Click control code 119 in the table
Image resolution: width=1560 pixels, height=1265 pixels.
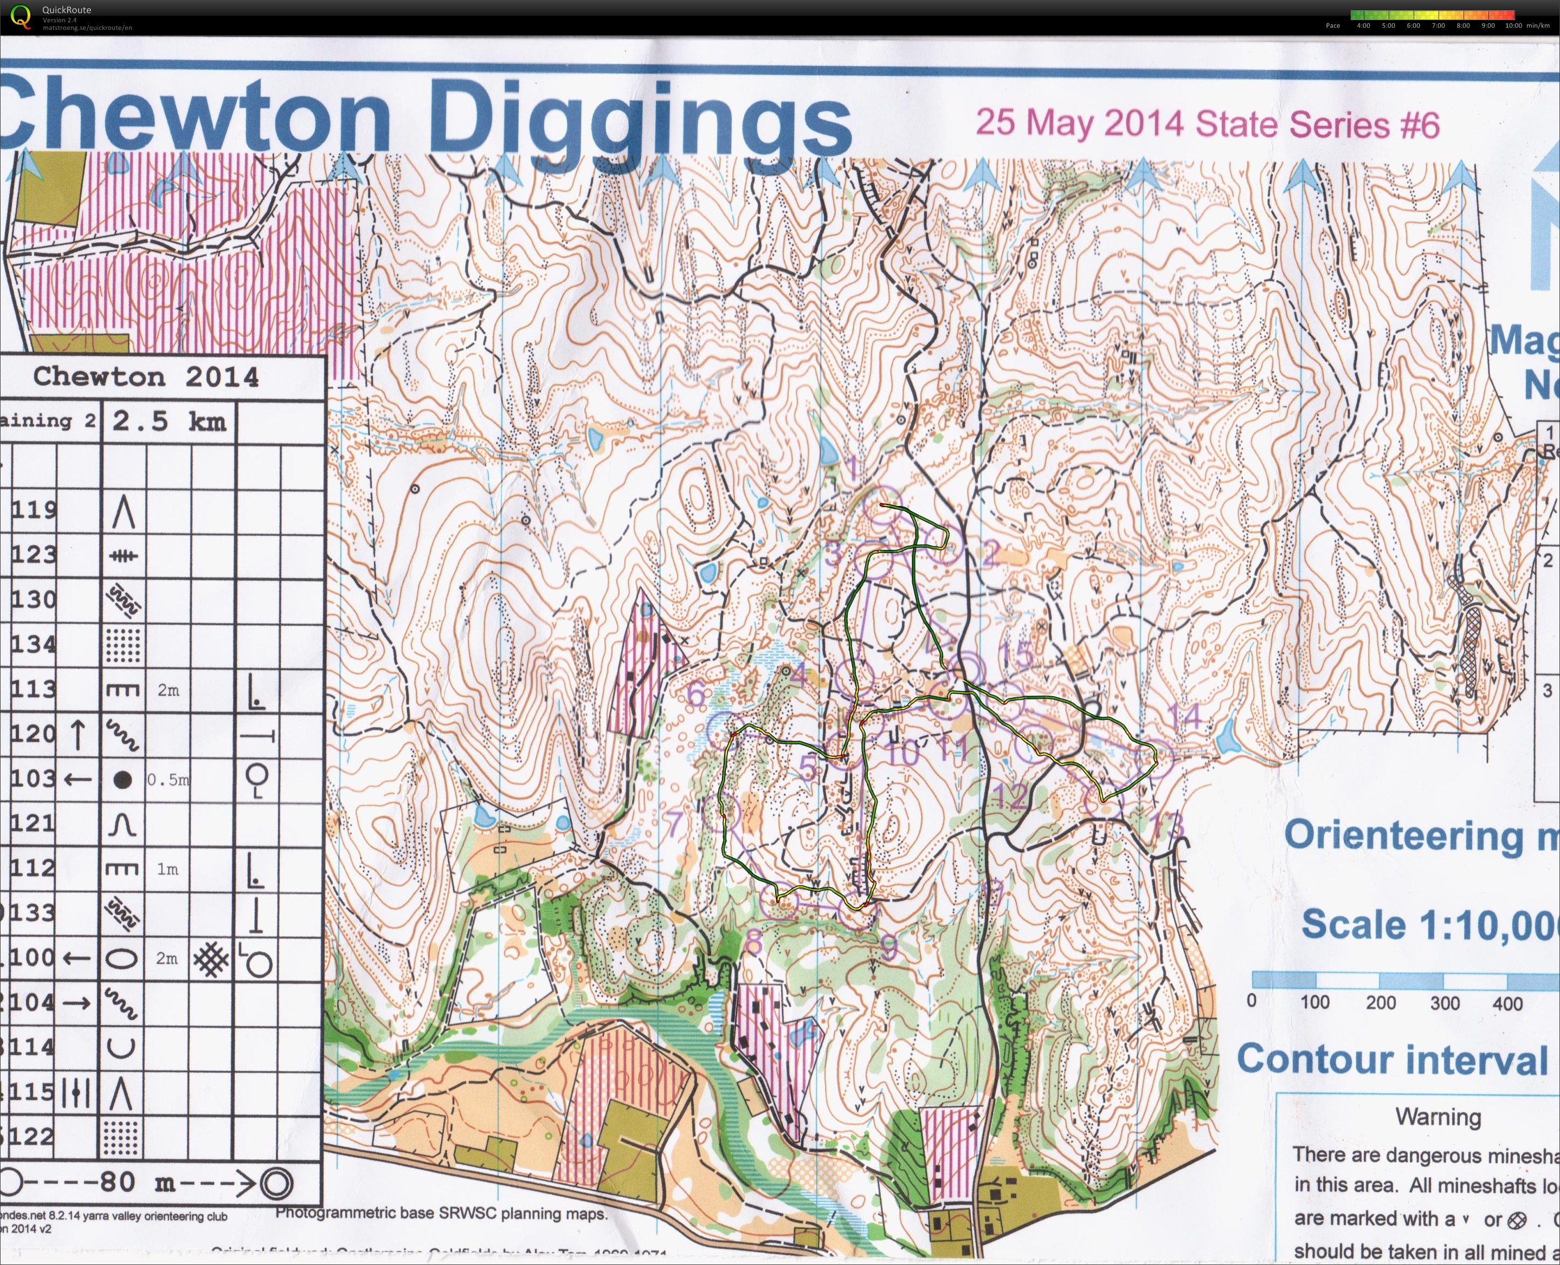34,509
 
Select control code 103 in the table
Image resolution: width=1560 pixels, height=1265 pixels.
34,779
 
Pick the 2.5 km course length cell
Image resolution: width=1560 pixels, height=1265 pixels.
169,421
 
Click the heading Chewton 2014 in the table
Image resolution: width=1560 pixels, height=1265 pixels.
146,377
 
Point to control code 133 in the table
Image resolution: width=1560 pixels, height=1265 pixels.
34,912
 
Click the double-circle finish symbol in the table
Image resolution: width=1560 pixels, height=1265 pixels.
276,1183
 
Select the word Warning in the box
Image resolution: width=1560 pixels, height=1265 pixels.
1437,1117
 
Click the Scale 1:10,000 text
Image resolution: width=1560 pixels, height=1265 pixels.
1429,925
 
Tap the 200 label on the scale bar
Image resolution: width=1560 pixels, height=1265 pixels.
1381,1003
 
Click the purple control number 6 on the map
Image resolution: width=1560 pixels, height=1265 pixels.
696,693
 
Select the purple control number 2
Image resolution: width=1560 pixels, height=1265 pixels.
990,554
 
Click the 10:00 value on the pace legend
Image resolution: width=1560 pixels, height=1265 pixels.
1513,25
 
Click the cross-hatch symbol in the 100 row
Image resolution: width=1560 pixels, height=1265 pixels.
211,959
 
